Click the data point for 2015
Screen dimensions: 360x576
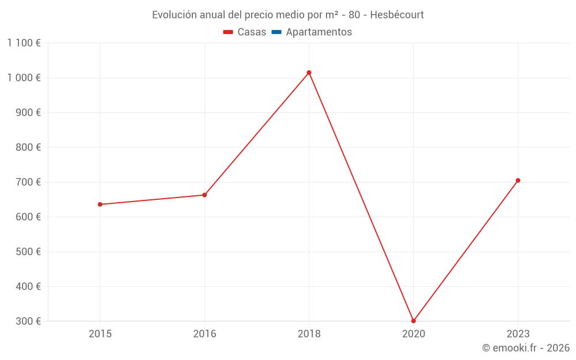click(100, 204)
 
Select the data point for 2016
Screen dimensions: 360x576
click(204, 195)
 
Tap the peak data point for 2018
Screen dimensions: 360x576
click(309, 73)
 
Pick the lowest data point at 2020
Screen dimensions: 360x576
click(414, 321)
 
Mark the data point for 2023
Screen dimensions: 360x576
click(518, 180)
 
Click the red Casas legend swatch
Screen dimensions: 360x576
click(228, 32)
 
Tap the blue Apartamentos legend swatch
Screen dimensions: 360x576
click(276, 32)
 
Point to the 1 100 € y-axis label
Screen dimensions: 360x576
click(24, 43)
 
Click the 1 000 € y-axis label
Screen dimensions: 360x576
click(24, 78)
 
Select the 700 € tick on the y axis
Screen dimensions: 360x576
click(28, 182)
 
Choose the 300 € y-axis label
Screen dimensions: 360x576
click(28, 321)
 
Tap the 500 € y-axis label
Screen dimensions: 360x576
click(28, 252)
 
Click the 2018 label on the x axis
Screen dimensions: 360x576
click(309, 334)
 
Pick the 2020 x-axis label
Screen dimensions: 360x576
click(414, 334)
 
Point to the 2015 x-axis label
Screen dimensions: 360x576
click(100, 334)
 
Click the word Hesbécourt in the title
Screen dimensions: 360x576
click(397, 15)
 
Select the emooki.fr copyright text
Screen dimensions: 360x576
click(526, 348)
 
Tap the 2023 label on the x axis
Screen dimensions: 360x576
click(518, 334)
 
